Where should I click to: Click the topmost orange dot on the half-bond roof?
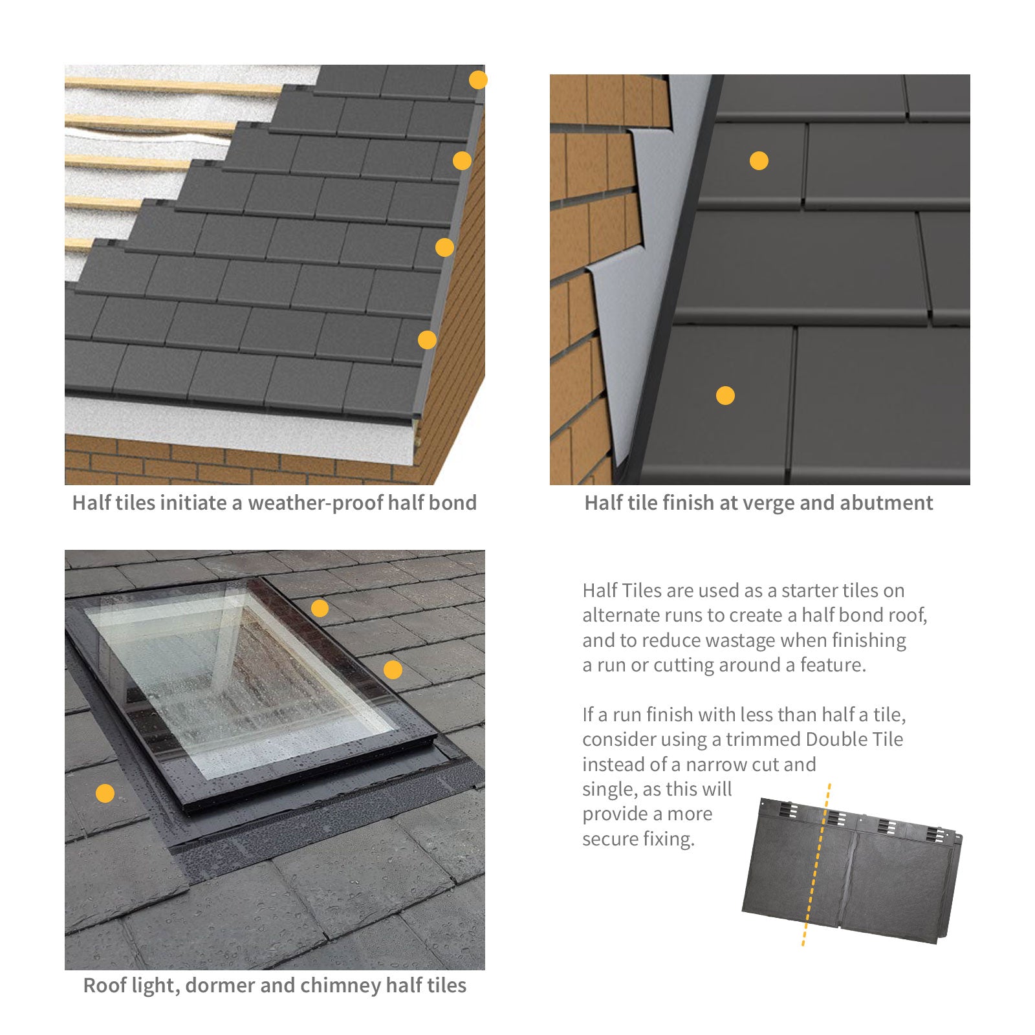478,80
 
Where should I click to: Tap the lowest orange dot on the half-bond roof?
427,340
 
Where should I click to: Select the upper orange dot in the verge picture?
759,160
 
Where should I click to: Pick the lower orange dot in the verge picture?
725,395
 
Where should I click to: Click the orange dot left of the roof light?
105,793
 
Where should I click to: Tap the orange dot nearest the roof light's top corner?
320,608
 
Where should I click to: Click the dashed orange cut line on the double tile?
816,865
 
